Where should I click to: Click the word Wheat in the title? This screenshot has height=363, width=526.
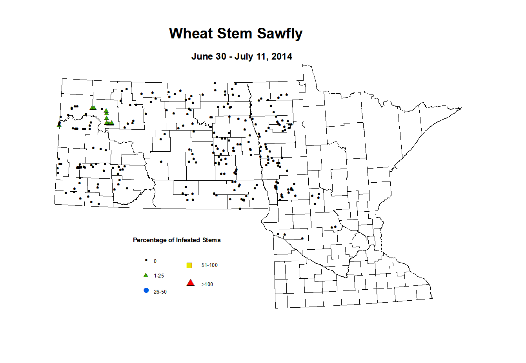[x=191, y=34]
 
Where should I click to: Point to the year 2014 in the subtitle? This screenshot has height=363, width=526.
[x=282, y=56]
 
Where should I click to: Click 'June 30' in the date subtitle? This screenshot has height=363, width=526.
[x=208, y=56]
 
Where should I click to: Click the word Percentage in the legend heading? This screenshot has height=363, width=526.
[x=150, y=240]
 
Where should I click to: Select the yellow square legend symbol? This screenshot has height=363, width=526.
[x=189, y=265]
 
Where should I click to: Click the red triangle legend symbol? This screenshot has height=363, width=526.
[x=191, y=283]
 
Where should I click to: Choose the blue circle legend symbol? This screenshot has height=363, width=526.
[x=146, y=290]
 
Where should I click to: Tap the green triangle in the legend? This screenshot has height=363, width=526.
[x=146, y=275]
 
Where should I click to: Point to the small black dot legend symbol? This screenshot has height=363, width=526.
[x=146, y=260]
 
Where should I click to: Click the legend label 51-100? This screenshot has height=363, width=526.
[x=209, y=265]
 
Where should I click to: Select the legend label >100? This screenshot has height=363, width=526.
[x=207, y=284]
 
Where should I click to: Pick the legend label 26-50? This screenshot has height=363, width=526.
[x=160, y=292]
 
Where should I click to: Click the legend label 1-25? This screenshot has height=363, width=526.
[x=159, y=276]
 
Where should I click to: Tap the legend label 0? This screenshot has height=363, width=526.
[x=155, y=261]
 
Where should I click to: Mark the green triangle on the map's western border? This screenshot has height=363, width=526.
[x=59, y=125]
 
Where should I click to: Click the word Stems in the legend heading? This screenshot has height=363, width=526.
[x=211, y=240]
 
